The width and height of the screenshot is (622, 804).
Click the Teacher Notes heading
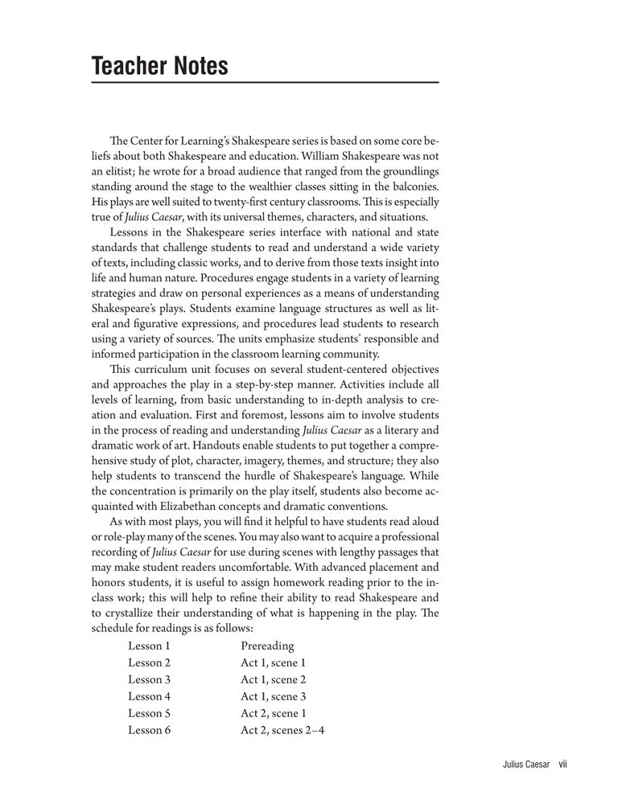pyautogui.click(x=160, y=65)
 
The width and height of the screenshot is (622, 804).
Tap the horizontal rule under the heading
pyautogui.click(x=265, y=83)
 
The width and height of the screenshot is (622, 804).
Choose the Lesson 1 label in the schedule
pyautogui.click(x=149, y=646)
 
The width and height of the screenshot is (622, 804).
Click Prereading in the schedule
pyautogui.click(x=267, y=646)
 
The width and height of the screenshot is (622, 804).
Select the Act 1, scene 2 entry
pyautogui.click(x=274, y=679)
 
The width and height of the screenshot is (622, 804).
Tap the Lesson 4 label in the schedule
pyautogui.click(x=149, y=696)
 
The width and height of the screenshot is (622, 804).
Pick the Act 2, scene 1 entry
pyautogui.click(x=274, y=713)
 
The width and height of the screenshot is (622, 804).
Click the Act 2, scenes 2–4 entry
pyautogui.click(x=282, y=730)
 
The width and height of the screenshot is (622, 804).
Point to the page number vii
pyautogui.click(x=563, y=765)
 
